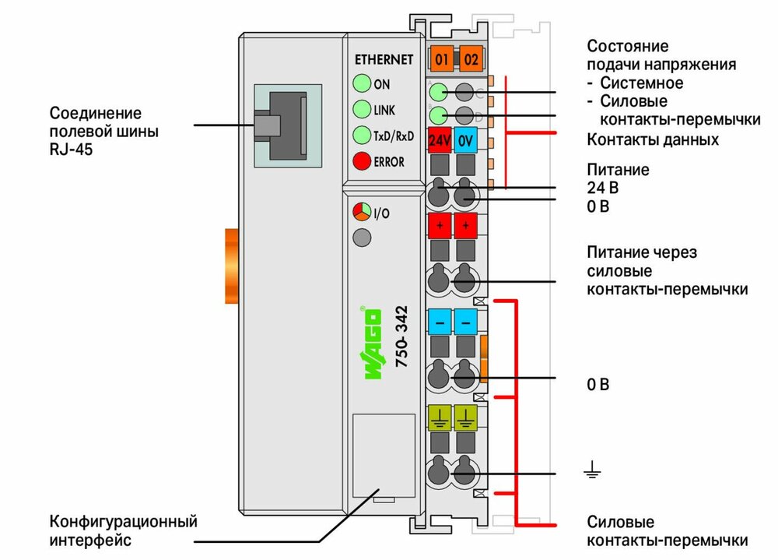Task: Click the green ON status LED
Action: coord(362,83)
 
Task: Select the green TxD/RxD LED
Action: coord(362,135)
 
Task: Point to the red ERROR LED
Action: coord(362,161)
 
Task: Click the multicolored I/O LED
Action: coord(362,211)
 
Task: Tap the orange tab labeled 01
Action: coord(441,59)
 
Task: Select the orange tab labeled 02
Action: coord(470,59)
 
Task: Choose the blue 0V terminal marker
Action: coord(465,141)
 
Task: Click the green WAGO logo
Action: coord(373,343)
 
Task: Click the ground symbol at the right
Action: coord(593,469)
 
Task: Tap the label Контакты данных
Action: coord(652,140)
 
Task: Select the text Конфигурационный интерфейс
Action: coord(123,530)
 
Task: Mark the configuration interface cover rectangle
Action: coord(384,455)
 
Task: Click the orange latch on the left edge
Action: coord(231,266)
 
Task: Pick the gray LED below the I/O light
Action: coord(362,238)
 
